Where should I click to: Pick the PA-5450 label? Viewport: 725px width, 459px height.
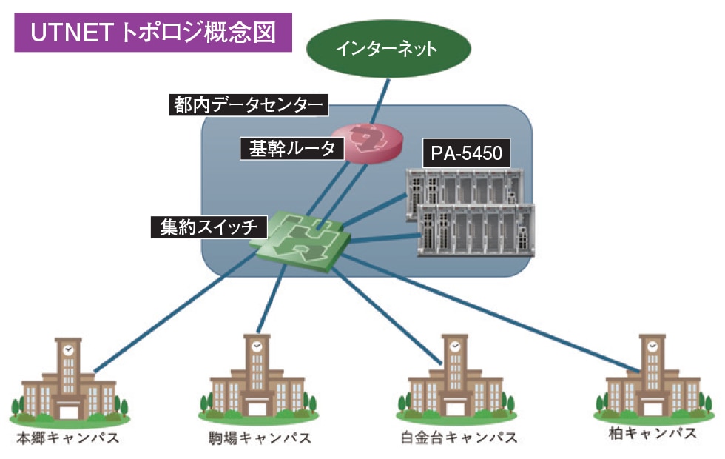pos(466,153)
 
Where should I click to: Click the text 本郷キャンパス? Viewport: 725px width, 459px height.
pos(67,438)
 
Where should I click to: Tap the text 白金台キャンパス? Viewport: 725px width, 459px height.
pos(453,438)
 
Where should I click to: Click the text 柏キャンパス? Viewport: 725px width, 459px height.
pos(650,433)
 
